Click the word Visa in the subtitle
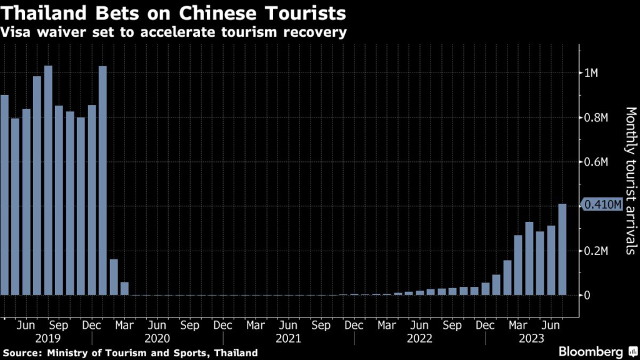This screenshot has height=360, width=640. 17,31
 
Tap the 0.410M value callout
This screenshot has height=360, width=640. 602,204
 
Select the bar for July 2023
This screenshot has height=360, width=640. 562,249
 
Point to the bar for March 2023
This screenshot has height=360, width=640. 518,265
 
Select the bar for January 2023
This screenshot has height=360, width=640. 496,284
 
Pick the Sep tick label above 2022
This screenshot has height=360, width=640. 452,326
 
